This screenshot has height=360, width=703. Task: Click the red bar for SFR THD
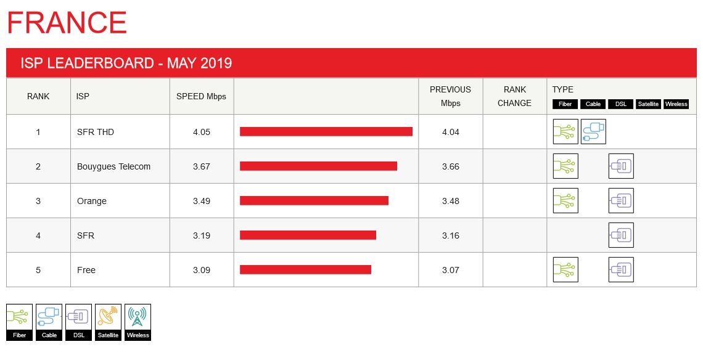[x=326, y=131]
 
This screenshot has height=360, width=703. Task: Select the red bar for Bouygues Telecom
[x=318, y=166]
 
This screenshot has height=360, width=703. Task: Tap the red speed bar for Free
[x=305, y=269]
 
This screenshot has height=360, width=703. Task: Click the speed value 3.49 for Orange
[x=202, y=201]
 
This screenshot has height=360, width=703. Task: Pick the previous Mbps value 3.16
[x=451, y=235]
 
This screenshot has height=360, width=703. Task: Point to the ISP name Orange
[x=91, y=201]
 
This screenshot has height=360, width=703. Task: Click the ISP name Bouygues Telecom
[x=113, y=166]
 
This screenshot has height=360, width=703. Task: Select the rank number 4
[x=38, y=235]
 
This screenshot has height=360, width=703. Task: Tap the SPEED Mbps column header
[x=201, y=96]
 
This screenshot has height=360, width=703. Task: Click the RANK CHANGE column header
[x=514, y=96]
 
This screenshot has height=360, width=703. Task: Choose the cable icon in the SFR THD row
[x=593, y=131]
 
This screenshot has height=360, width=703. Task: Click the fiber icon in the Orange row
[x=565, y=200]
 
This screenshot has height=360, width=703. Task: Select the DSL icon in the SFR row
[x=621, y=235]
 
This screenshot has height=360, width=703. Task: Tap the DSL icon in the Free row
[x=621, y=269]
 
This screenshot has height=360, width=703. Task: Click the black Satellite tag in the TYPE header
[x=648, y=104]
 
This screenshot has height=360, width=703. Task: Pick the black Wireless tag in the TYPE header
[x=676, y=104]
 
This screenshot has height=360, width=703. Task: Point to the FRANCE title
[x=67, y=23]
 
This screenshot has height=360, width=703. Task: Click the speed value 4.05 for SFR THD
[x=202, y=132]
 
